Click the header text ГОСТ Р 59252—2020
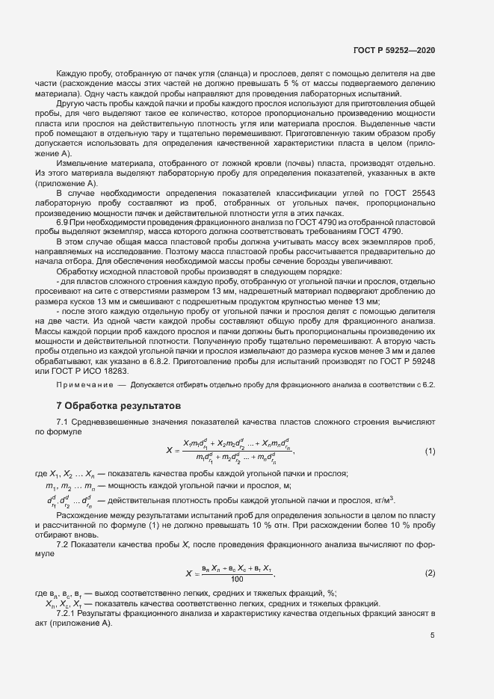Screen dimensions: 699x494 pyautogui.click(x=394, y=50)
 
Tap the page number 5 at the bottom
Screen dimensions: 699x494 pyautogui.click(x=432, y=635)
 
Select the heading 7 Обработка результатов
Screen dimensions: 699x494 pyautogui.click(x=118, y=407)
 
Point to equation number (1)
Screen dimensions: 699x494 pyautogui.click(x=430, y=451)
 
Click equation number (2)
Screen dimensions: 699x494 pyautogui.click(x=430, y=573)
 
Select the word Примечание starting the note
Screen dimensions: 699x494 pyautogui.click(x=83, y=385)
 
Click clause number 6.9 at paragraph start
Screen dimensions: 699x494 pyautogui.click(x=64, y=223)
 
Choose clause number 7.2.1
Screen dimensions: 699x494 pyautogui.click(x=68, y=613)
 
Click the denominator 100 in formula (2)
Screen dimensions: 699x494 pyautogui.click(x=237, y=579)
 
